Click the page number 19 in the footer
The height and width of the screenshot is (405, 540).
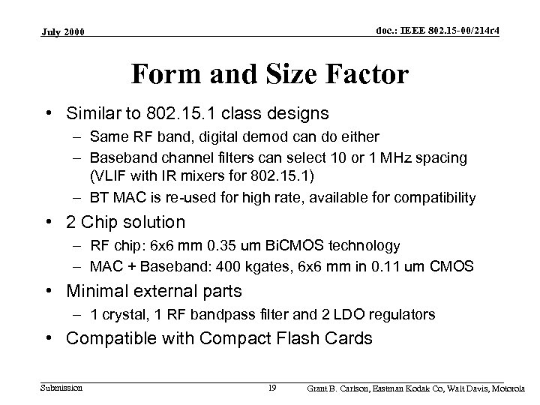click(x=272, y=388)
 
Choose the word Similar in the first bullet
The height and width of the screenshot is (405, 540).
click(x=94, y=114)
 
